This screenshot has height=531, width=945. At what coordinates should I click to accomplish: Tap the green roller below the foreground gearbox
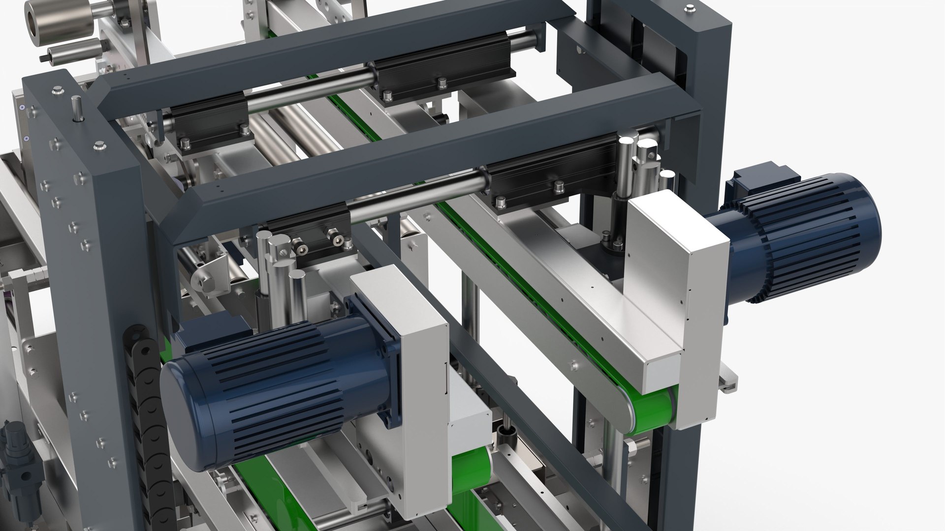tap(470, 472)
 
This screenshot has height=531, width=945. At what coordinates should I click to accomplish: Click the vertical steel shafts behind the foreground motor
tap(281, 275)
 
